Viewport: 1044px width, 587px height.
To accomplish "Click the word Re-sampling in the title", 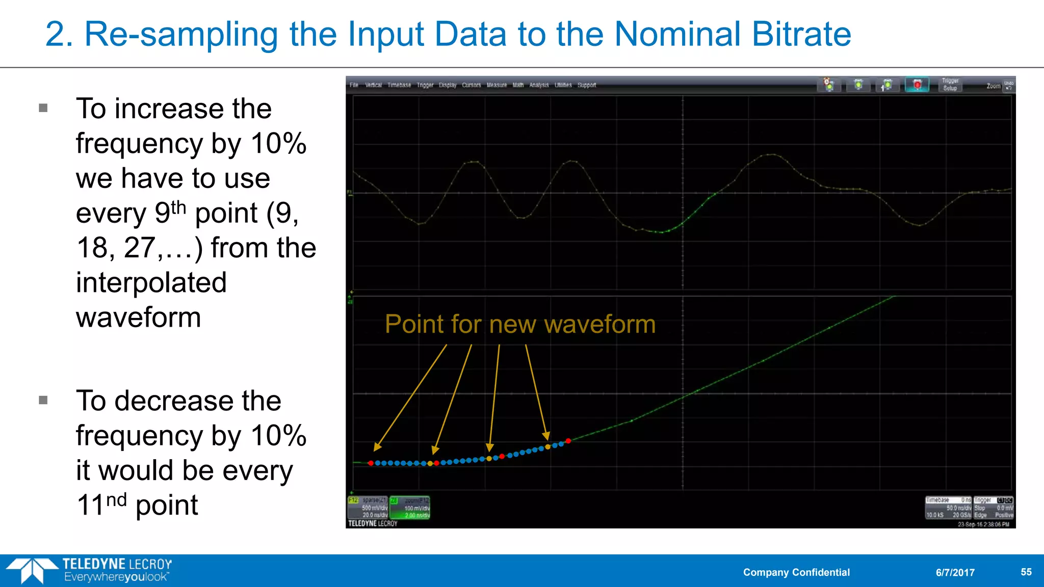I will click(181, 35).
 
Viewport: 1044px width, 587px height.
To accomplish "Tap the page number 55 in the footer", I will click(1026, 572).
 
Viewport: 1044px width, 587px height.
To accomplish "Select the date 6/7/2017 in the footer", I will click(955, 572).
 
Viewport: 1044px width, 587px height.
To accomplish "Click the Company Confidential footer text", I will click(796, 572).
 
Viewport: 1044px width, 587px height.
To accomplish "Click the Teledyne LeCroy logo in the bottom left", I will click(89, 570).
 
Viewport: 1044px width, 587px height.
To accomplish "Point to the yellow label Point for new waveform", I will click(520, 324).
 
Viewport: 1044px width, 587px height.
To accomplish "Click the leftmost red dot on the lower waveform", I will click(371, 463).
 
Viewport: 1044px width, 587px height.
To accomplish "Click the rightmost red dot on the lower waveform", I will click(568, 441).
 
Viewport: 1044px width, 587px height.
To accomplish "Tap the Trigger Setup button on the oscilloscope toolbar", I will click(950, 85).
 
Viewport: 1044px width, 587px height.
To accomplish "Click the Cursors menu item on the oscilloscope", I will click(471, 85).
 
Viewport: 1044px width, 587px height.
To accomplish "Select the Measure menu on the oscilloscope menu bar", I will click(496, 85).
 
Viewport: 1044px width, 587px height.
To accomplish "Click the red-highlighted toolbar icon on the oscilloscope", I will click(917, 85).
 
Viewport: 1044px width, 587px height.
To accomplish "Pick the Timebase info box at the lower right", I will click(948, 508).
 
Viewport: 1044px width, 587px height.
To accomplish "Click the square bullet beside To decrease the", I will click(43, 401).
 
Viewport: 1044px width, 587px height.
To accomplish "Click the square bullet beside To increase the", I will click(43, 108).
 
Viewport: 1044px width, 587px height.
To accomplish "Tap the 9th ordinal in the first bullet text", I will click(170, 212).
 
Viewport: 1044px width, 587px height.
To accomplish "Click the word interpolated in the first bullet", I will click(151, 282).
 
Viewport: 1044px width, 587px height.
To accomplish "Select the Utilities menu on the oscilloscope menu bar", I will click(563, 85).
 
